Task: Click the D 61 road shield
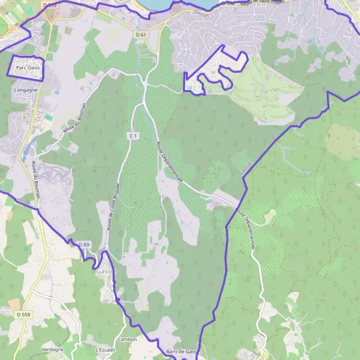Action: (141, 35)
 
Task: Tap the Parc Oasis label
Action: (28, 68)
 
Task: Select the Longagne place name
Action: (25, 89)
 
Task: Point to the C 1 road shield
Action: (133, 137)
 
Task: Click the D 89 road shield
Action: (83, 245)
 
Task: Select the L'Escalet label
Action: (105, 349)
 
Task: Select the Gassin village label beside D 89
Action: (106, 271)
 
